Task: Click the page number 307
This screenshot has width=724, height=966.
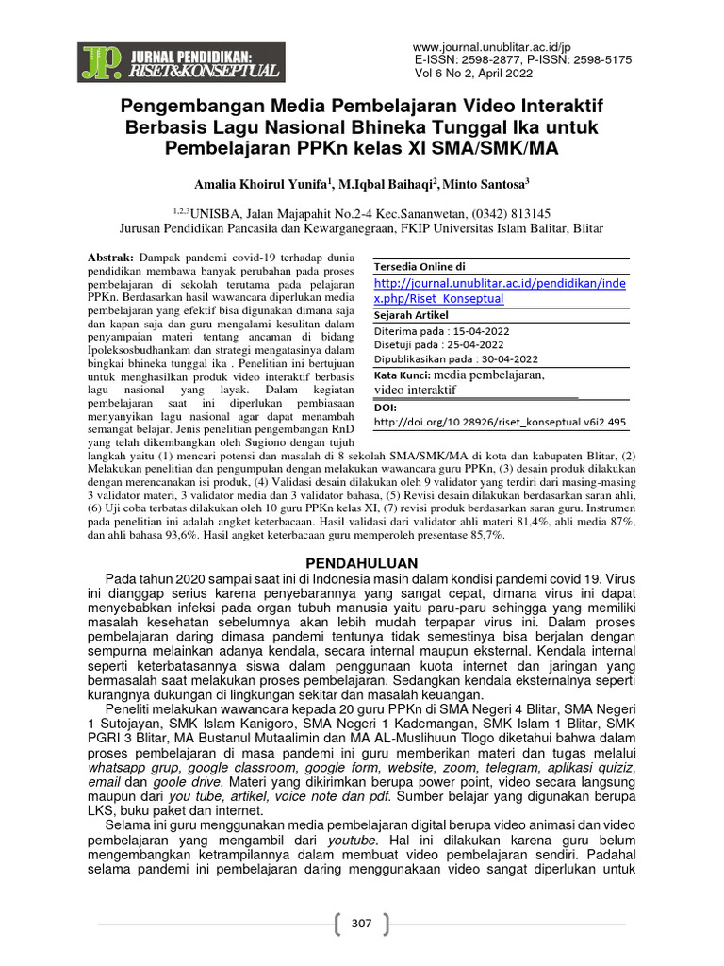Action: pyautogui.click(x=362, y=923)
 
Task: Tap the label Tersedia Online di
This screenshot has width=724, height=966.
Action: pyautogui.click(x=420, y=267)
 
